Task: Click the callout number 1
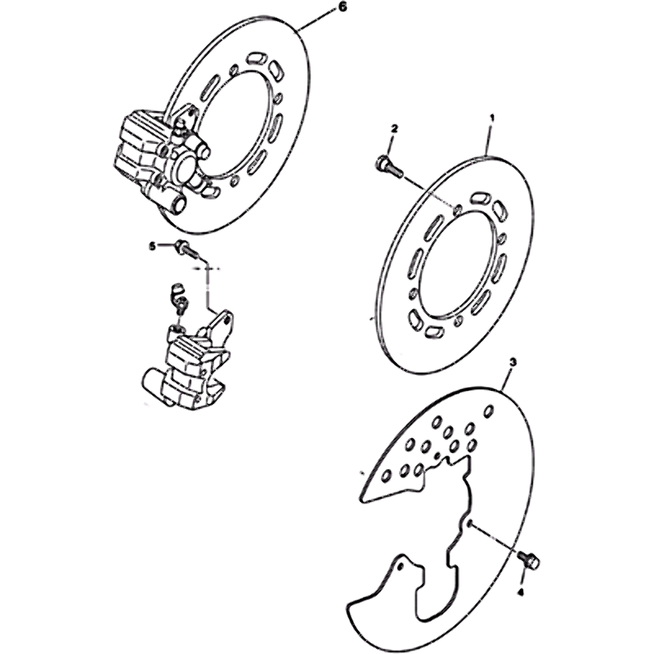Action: (492, 118)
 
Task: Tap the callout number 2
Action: (394, 128)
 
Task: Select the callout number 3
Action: (513, 362)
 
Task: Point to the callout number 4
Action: (520, 591)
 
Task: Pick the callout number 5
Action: (153, 248)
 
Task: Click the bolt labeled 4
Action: (528, 559)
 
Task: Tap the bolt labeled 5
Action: (186, 249)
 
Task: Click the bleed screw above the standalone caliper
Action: (179, 297)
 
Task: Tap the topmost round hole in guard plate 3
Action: (488, 411)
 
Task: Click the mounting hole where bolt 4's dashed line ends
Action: (469, 524)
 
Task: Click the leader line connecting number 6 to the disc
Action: (317, 20)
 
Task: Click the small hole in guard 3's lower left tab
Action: (401, 567)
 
